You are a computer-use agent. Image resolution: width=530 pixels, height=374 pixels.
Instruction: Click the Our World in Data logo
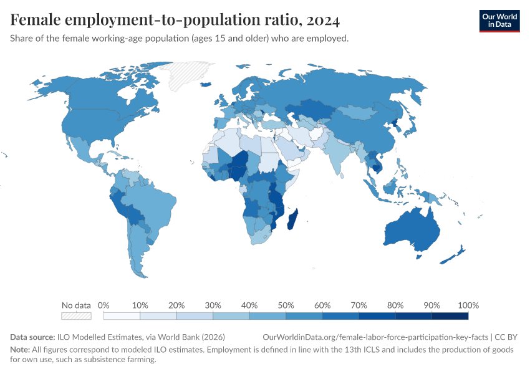point(499,21)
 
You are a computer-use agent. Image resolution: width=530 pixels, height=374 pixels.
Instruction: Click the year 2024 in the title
point(323,20)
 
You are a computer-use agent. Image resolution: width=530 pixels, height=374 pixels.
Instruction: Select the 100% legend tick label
point(468,305)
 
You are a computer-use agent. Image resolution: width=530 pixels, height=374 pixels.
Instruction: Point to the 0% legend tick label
point(104,305)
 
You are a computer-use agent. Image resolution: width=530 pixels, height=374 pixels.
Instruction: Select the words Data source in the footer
point(32,337)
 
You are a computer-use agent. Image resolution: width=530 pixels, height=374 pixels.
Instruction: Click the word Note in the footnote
point(20,350)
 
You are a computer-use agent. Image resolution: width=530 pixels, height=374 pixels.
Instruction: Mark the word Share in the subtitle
point(22,39)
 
